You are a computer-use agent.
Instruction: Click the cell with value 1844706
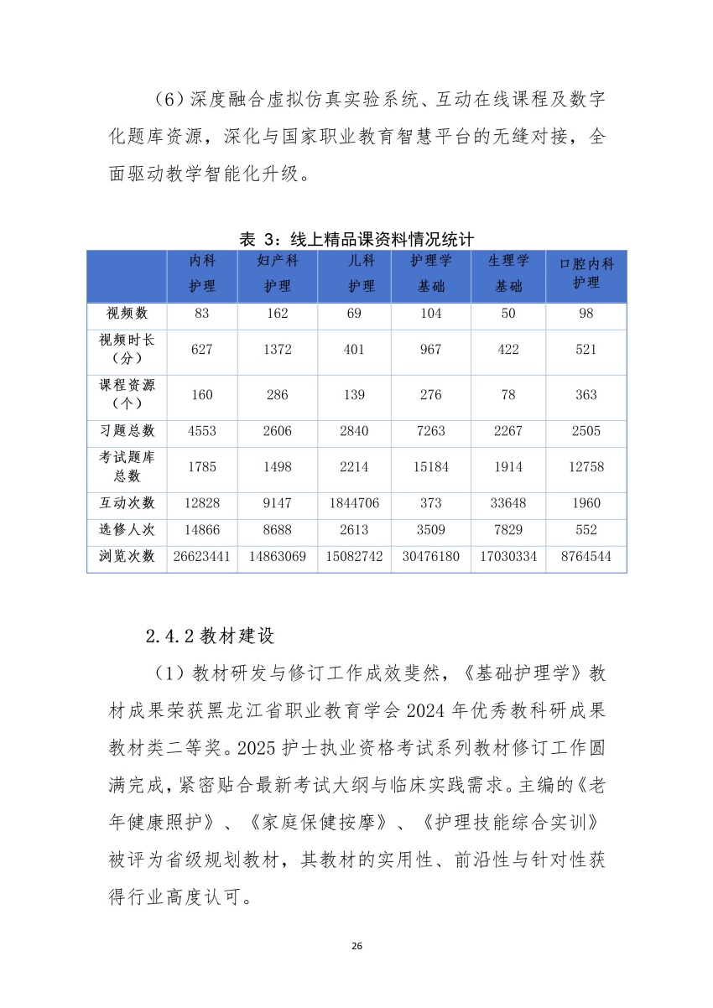[x=355, y=503]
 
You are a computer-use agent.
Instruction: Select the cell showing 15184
[x=430, y=467]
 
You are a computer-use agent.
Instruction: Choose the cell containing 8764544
[x=586, y=556]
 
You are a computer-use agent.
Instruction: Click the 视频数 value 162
[x=278, y=314]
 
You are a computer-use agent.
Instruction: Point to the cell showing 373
[x=430, y=503]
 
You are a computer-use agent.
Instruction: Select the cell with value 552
[x=586, y=529]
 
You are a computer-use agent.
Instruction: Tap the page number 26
[x=356, y=946]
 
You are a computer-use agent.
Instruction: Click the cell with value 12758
[x=586, y=467]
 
